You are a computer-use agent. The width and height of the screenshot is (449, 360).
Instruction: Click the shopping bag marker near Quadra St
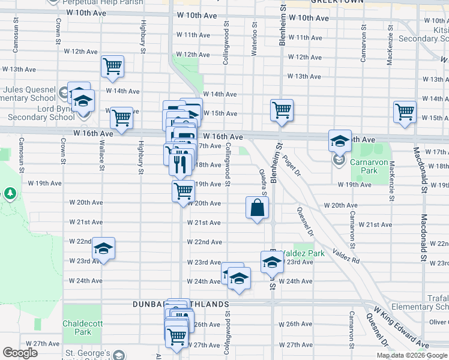pos(257,208)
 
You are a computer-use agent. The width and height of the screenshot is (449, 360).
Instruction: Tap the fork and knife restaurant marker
pos(181,164)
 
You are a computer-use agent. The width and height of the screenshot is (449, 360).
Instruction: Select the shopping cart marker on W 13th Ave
pos(112,67)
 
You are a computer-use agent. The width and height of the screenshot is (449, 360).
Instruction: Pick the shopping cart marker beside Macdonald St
pos(405,112)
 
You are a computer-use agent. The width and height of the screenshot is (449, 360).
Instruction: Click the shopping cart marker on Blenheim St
pos(281,110)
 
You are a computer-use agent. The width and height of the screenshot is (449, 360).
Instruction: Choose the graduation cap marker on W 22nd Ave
pos(103,249)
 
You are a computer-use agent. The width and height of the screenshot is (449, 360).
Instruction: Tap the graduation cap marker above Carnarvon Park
pos(340,141)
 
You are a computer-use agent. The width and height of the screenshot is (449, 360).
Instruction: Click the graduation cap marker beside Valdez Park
pos(272,262)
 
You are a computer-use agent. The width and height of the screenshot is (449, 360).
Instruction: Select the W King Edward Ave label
pos(401,328)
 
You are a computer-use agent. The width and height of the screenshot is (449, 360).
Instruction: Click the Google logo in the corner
pos(20,353)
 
